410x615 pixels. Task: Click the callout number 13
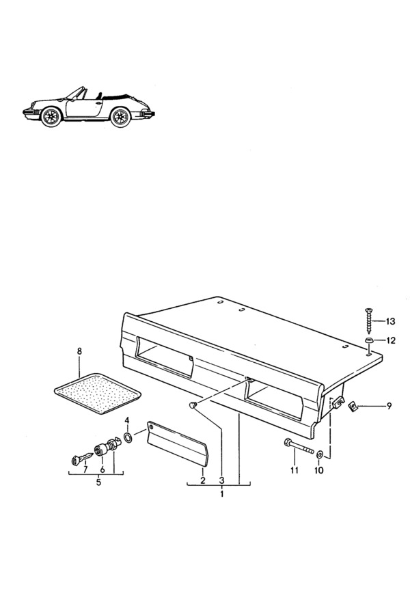[390, 322]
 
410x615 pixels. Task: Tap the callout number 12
[391, 340]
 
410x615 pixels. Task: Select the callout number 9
[389, 406]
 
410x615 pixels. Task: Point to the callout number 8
[79, 351]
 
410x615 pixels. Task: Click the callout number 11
[295, 470]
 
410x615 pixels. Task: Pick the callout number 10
[319, 470]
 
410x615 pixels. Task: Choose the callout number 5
[98, 482]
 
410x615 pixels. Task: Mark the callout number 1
[221, 494]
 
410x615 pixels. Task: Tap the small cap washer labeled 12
[369, 340]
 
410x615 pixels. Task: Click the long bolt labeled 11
[298, 447]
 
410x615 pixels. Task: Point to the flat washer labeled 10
[319, 454]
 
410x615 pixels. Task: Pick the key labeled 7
[82, 459]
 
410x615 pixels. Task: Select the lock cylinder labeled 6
[101, 450]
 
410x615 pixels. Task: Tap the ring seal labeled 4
[128, 437]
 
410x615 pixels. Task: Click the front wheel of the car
[51, 116]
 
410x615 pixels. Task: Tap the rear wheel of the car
[120, 117]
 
